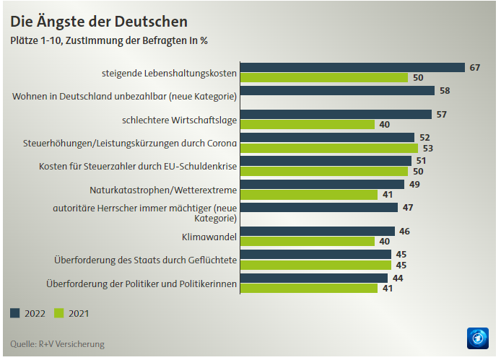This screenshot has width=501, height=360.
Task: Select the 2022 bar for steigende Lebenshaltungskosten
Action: (352, 68)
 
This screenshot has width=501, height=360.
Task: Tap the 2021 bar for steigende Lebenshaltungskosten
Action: (324, 78)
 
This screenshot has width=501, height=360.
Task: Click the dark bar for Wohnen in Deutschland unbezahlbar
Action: (337, 91)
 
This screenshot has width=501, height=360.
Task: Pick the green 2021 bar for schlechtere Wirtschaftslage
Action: (308, 125)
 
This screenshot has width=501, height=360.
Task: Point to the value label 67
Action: (475, 68)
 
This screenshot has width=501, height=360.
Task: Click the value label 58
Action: (445, 91)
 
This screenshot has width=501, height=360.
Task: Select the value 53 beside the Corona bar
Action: (427, 149)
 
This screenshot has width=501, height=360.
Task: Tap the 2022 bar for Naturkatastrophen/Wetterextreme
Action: (322, 184)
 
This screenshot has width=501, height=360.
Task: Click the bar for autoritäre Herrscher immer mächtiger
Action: (319, 208)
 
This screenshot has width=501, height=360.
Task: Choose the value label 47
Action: (408, 208)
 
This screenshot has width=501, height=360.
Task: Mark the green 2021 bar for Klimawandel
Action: (308, 242)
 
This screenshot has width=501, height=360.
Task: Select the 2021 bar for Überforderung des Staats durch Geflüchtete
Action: (315, 265)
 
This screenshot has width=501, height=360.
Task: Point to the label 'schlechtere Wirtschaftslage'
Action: (180, 119)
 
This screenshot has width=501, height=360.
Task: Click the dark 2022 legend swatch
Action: (15, 314)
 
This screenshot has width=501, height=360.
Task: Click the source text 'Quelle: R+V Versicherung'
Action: (58, 344)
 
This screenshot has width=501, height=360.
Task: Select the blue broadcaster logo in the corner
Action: (478, 338)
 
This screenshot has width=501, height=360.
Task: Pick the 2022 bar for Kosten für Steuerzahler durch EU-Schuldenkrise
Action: (326, 161)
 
